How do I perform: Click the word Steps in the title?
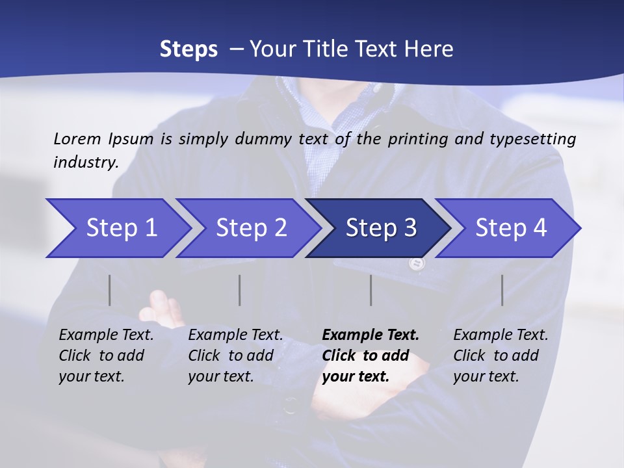pos(188,49)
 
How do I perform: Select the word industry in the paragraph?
pos(86,162)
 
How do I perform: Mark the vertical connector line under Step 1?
pos(110,290)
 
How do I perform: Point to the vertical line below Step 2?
pos(240,290)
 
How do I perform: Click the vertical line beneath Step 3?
pos(370,290)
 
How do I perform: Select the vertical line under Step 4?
pos(502,290)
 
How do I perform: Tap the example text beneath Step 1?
pos(106,356)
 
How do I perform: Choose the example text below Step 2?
pos(235,356)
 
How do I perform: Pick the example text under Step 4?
pos(500,356)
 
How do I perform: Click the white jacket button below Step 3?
pos(416,263)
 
